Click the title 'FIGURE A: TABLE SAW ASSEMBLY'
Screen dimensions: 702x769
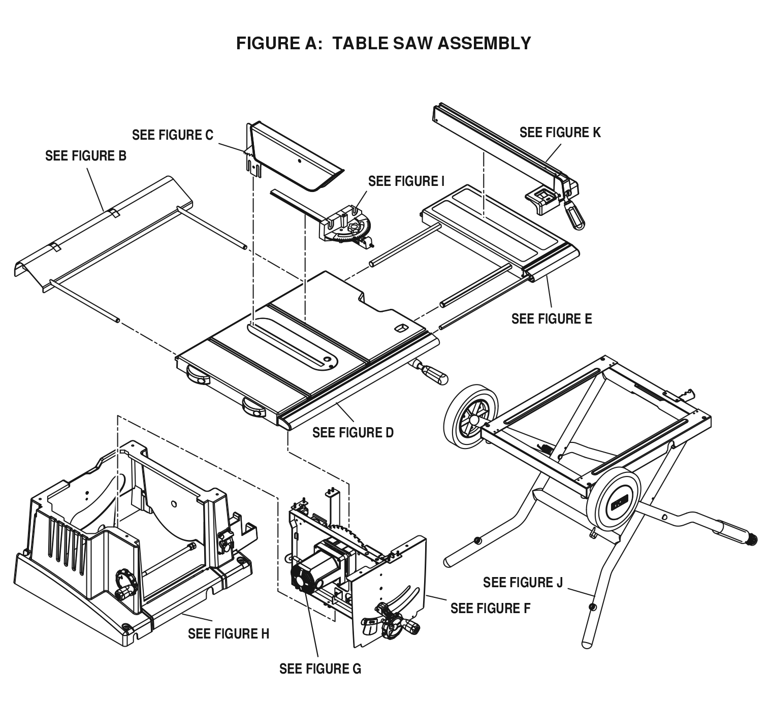[x=383, y=43]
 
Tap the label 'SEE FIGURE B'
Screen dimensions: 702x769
[x=86, y=155]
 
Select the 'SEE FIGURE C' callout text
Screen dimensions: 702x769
[x=173, y=135]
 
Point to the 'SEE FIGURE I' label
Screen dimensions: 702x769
[x=406, y=181]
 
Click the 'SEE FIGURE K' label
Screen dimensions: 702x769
[x=560, y=133]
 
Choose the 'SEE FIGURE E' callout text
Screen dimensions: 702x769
[x=552, y=318]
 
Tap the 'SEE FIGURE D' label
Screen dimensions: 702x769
[x=353, y=432]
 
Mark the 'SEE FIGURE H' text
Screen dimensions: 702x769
[x=229, y=633]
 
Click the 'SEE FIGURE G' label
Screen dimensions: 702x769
[x=320, y=668]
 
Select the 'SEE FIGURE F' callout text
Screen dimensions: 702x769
[x=490, y=608]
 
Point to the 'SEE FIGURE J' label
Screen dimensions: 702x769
[x=523, y=582]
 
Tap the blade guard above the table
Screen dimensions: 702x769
[x=295, y=155]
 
